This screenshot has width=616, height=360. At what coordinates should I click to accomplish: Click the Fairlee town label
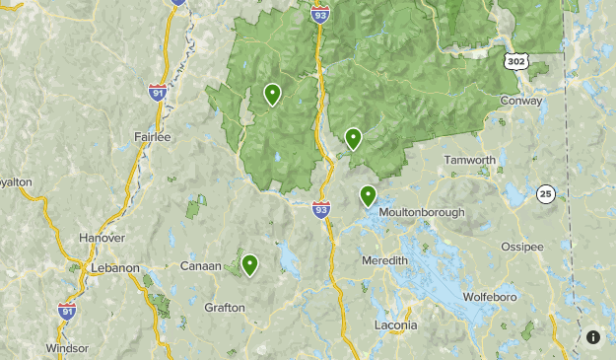tap(153, 137)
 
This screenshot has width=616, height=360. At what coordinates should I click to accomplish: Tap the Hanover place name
tap(103, 238)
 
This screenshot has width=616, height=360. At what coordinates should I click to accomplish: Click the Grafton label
tap(224, 307)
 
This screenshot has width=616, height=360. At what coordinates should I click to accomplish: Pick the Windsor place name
tap(67, 348)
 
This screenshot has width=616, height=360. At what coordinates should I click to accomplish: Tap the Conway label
tap(521, 101)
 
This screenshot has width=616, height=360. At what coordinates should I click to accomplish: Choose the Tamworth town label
tap(469, 160)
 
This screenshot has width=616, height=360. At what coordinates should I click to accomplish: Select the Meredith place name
tap(384, 259)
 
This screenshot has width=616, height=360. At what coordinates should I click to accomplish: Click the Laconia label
tap(395, 324)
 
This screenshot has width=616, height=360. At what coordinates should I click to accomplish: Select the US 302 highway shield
tap(515, 61)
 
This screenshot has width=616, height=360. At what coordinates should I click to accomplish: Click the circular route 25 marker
tap(546, 194)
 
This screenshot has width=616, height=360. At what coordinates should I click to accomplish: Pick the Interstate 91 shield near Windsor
tap(67, 311)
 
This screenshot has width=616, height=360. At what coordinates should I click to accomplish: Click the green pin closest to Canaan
tap(249, 264)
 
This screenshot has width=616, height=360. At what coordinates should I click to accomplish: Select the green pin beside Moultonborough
tap(368, 195)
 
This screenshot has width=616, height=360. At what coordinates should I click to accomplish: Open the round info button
tap(593, 337)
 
